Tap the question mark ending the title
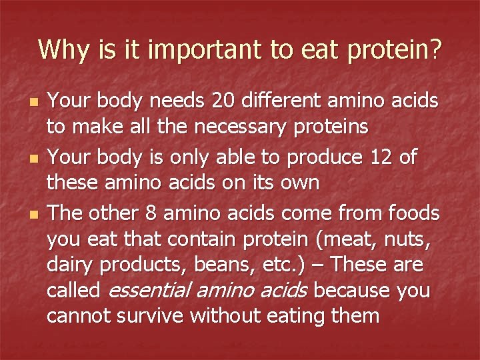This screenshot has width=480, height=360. pyautogui.click(x=435, y=49)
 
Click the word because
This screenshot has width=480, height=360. pyautogui.click(x=352, y=291)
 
